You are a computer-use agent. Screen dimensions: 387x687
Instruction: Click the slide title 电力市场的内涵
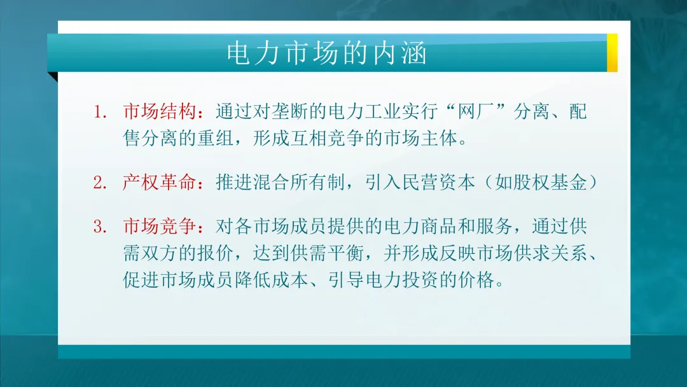(326, 54)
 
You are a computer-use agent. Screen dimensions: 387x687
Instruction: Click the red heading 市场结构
(160, 113)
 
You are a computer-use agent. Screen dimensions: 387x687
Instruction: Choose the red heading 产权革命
(160, 183)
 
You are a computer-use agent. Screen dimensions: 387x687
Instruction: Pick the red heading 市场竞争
(160, 227)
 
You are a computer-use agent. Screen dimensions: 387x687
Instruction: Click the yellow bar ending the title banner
(612, 53)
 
